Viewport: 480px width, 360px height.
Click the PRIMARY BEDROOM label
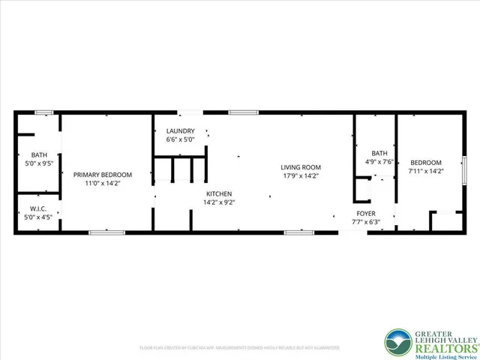106,174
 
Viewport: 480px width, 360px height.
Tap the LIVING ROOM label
301,167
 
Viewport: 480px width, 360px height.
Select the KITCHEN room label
220,193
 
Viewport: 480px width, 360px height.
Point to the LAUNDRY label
180,130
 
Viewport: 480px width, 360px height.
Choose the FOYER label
365,213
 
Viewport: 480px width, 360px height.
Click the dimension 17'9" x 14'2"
301,176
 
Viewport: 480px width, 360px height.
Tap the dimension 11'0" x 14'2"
106,182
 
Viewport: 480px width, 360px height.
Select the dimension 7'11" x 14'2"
425,171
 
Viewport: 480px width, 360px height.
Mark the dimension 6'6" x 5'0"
180,139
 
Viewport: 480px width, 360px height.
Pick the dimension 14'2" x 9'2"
220,202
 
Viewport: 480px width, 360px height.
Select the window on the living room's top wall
244,112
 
